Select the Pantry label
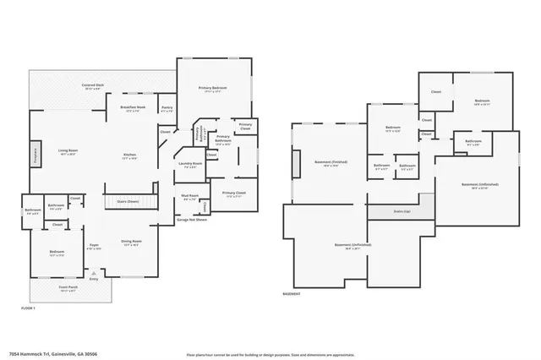167,107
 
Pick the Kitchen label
129,155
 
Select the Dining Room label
131,241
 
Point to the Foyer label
94,245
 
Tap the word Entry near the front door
94,279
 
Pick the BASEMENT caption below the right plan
291,293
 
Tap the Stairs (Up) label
402,210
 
